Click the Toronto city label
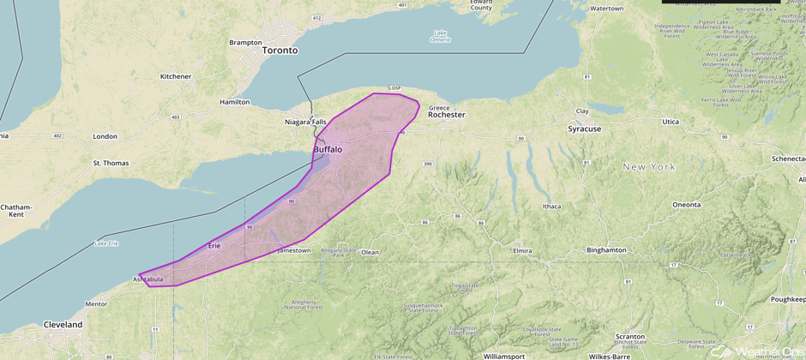click(x=280, y=51)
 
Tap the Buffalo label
click(x=327, y=149)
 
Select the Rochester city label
click(x=446, y=115)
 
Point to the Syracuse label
click(x=584, y=129)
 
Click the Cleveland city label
click(x=63, y=326)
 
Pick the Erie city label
click(x=214, y=246)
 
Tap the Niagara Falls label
click(x=305, y=122)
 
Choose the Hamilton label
click(x=234, y=102)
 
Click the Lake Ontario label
click(x=440, y=37)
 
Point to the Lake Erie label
click(x=106, y=244)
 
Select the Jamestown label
click(x=294, y=250)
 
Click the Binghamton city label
click(x=606, y=250)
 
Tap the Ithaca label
click(x=551, y=207)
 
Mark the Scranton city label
click(x=630, y=337)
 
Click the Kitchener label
click(x=176, y=76)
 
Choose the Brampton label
click(x=245, y=42)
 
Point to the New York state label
click(x=649, y=167)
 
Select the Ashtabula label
click(x=148, y=279)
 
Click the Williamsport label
click(x=503, y=355)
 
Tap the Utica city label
click(x=670, y=122)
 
